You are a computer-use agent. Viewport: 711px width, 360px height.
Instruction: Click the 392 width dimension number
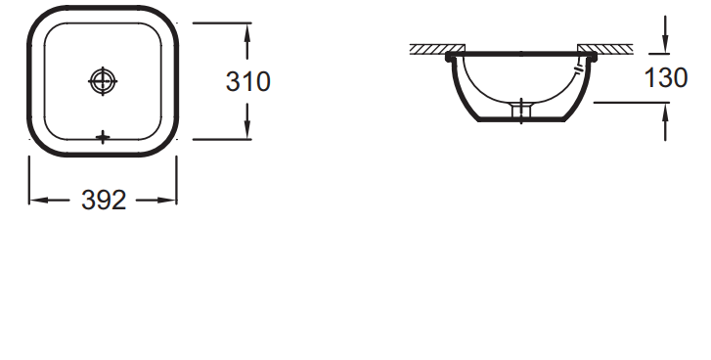coord(104,201)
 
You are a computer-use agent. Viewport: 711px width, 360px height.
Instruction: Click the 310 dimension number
coord(247,82)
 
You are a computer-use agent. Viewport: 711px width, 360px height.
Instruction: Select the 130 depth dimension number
coord(666,78)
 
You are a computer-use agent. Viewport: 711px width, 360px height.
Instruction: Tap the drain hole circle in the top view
coord(103,81)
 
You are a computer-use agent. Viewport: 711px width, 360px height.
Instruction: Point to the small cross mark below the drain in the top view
coord(103,137)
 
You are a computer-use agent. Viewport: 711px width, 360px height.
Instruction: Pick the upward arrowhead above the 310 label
coord(247,30)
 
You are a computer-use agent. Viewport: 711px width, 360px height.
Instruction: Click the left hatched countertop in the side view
coord(429,49)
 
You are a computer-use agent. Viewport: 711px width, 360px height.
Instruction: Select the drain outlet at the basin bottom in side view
coord(522,112)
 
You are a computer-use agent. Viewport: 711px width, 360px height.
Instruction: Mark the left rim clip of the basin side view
coord(450,59)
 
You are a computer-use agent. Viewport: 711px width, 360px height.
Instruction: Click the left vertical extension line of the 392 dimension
coord(29,181)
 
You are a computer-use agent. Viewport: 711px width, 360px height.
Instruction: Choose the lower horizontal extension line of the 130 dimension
coord(631,101)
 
